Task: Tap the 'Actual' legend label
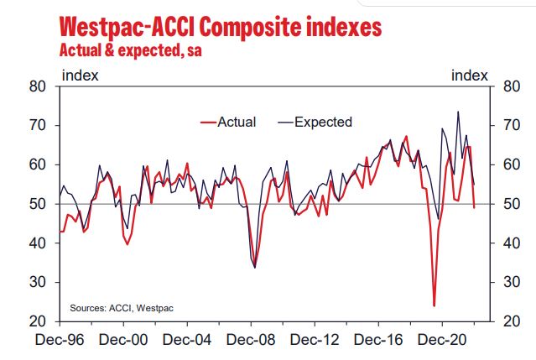(x=237, y=122)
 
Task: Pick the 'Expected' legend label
(x=323, y=122)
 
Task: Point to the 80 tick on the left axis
(x=39, y=86)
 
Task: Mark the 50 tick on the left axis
(x=39, y=204)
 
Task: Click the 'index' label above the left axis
(x=81, y=76)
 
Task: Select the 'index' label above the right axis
(x=470, y=76)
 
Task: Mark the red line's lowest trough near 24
(x=434, y=305)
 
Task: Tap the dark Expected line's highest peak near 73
(x=458, y=112)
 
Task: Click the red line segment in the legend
(x=208, y=123)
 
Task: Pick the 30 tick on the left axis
(x=39, y=283)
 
